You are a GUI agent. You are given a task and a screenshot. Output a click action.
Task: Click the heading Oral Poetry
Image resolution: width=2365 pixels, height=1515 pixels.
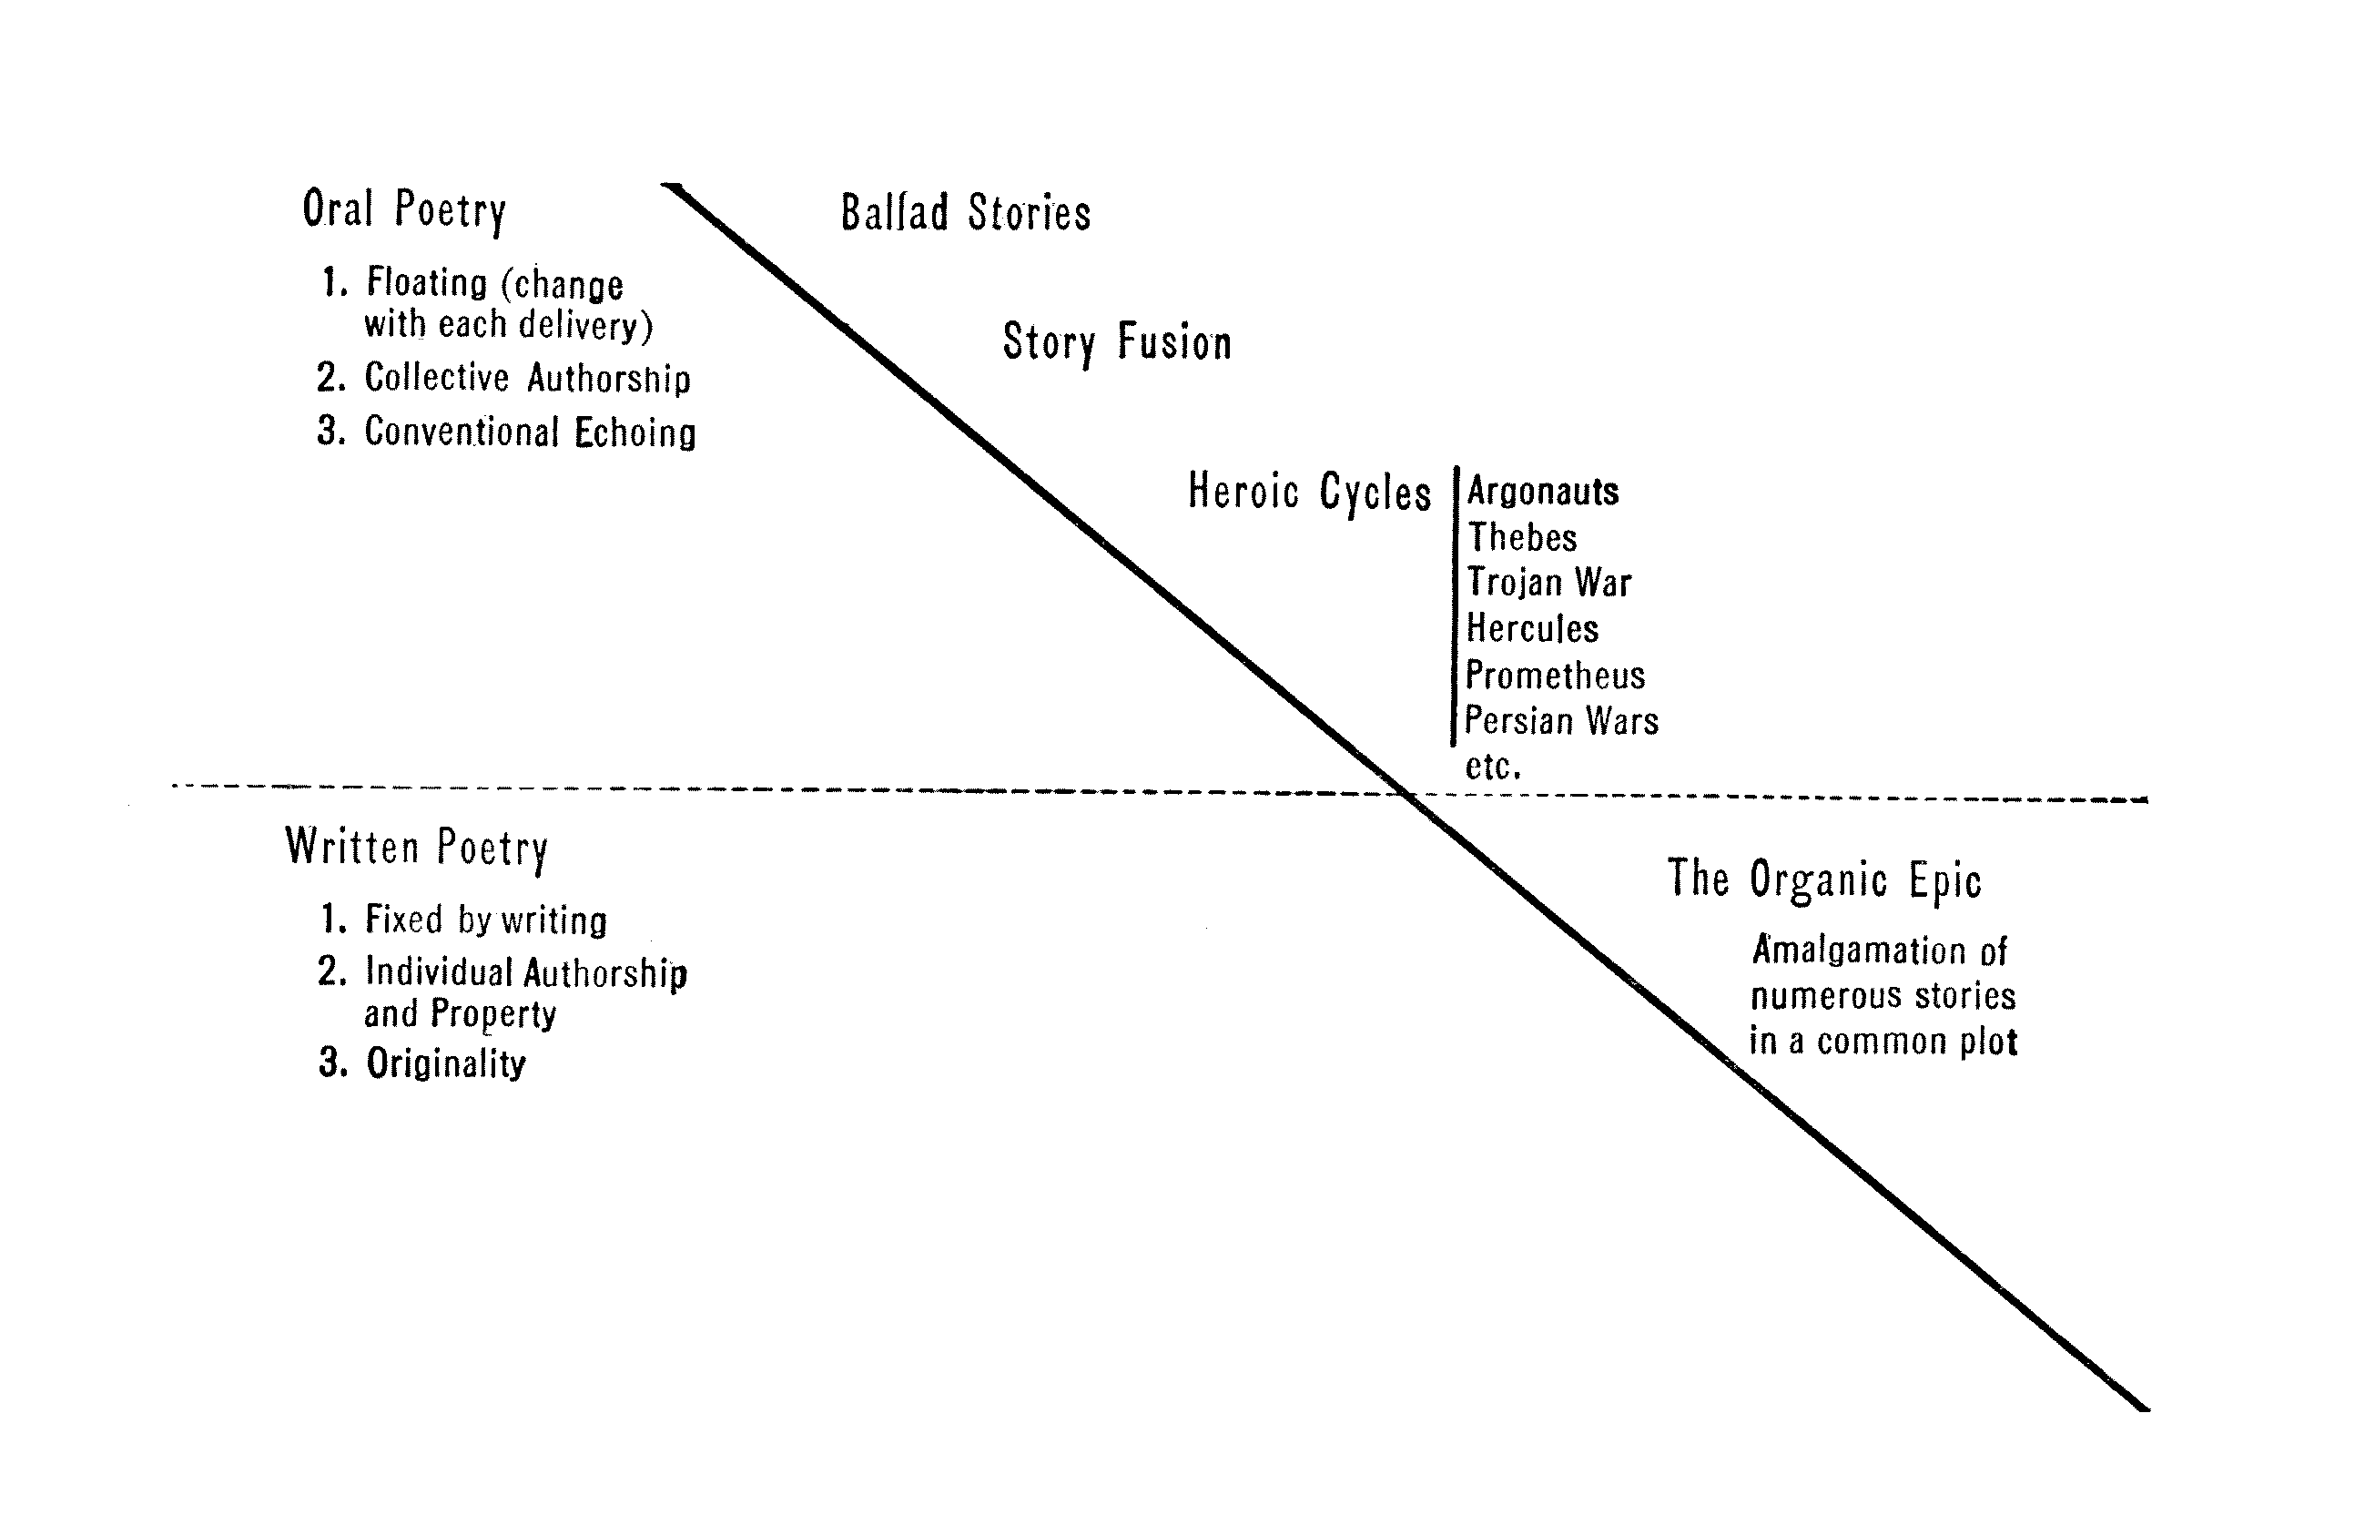point(404,209)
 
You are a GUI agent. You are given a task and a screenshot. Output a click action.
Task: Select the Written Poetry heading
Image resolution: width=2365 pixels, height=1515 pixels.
point(416,848)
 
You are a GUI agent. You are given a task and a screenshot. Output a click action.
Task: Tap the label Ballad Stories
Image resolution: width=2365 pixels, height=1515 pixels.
point(966,213)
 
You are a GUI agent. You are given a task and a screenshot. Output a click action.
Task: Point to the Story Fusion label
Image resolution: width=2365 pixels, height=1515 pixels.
point(1117,343)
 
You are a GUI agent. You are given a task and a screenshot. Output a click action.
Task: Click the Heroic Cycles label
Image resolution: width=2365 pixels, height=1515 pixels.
point(1309,492)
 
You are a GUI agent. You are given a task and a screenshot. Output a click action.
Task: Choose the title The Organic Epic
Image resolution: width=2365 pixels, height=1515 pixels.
point(1824,880)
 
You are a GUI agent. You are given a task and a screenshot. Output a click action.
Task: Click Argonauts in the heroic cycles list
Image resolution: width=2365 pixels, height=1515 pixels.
point(1543,491)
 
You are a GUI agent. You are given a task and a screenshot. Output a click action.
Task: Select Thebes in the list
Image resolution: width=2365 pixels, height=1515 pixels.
point(1522,538)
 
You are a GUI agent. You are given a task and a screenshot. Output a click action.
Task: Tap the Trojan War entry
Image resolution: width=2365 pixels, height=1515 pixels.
point(1548,584)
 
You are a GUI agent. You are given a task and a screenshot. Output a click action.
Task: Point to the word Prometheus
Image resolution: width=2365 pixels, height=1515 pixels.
point(1555,676)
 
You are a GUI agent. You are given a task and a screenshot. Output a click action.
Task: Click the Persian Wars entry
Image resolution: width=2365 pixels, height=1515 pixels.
point(1561,721)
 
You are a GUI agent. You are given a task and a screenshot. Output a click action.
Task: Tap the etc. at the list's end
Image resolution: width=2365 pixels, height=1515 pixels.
point(1493,767)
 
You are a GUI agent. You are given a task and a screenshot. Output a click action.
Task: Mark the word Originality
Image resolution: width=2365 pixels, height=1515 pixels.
point(446,1063)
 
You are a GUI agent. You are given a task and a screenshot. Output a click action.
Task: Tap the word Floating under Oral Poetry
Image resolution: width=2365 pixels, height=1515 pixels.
point(427,283)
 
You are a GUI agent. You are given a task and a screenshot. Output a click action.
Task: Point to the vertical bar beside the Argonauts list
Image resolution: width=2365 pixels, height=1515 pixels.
point(1455,605)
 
